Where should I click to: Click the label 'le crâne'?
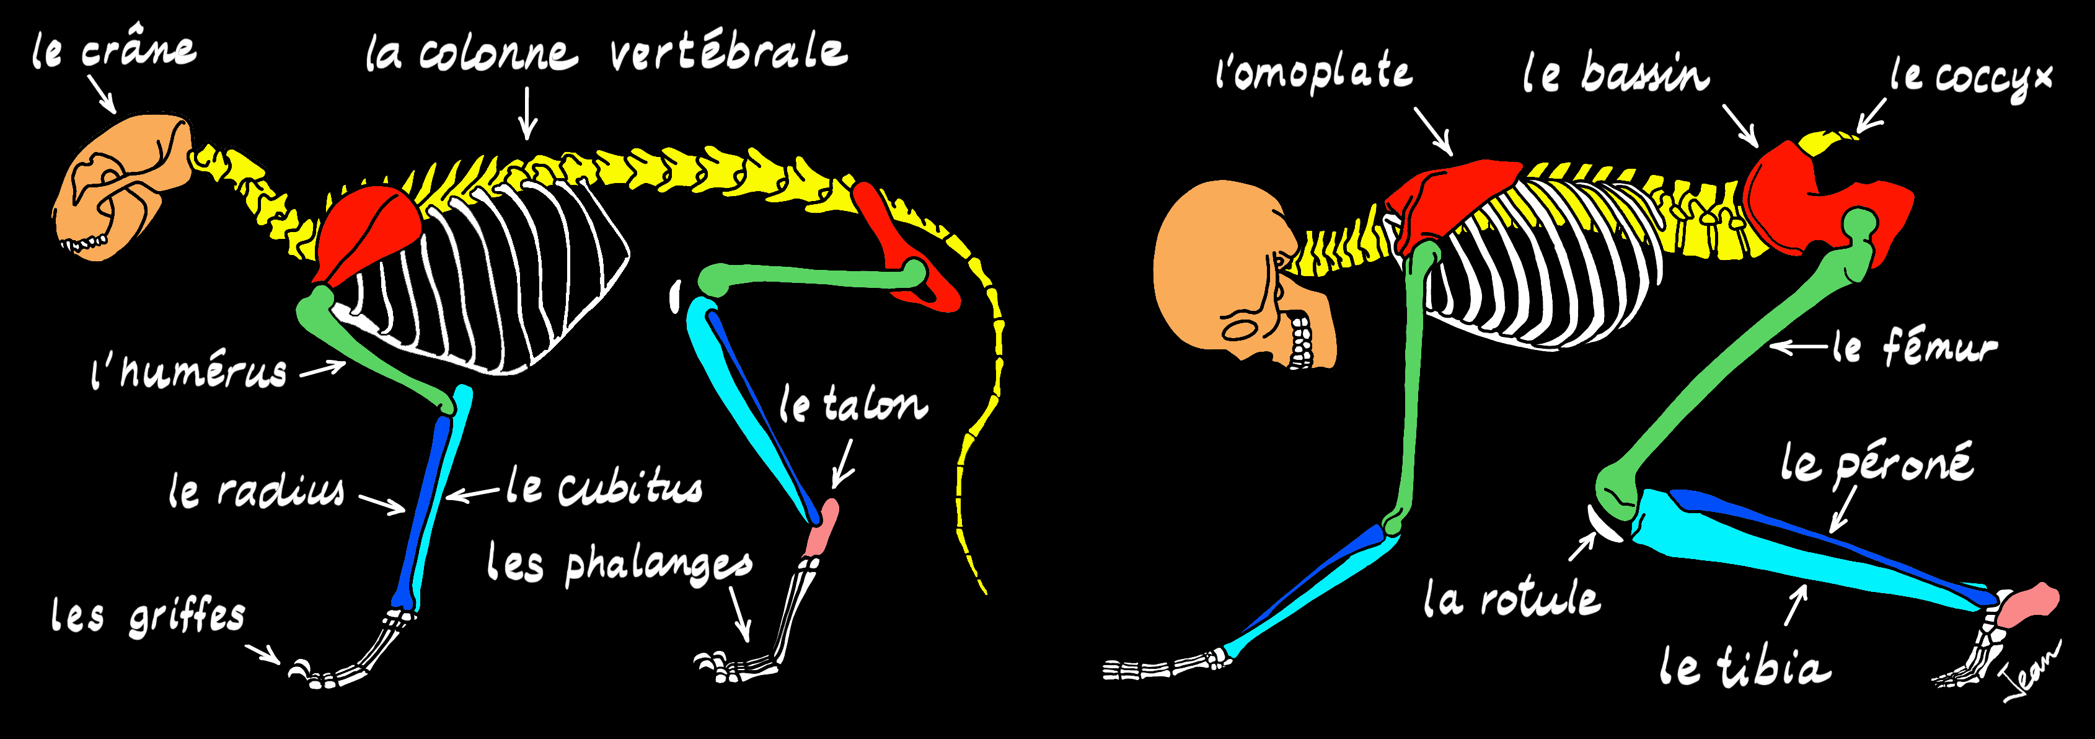[x=114, y=50]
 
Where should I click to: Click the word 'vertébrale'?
[x=728, y=52]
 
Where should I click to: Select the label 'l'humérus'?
[x=188, y=373]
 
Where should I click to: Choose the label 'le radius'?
[x=256, y=491]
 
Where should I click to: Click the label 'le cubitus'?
[x=604, y=486]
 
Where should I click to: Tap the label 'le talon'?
[x=852, y=405]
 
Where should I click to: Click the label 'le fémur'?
[x=1915, y=347]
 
